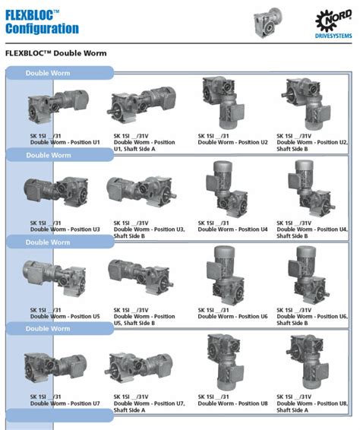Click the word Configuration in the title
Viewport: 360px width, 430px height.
tap(42, 29)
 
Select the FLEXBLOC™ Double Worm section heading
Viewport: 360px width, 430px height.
tap(55, 55)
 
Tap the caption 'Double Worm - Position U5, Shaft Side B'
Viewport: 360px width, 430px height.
tap(144, 320)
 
